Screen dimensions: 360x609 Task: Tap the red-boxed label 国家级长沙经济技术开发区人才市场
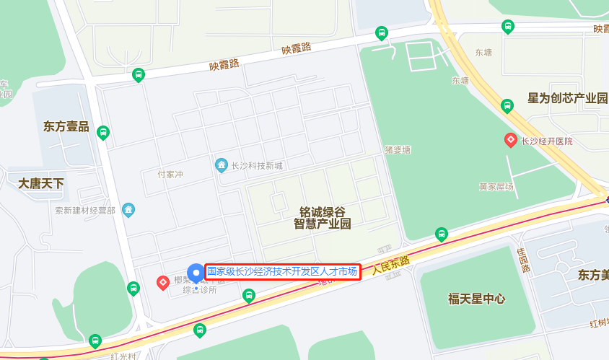click(282, 272)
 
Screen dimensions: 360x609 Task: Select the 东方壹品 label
click(66, 127)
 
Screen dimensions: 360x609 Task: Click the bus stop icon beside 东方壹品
click(103, 133)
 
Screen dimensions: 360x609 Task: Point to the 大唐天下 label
click(41, 183)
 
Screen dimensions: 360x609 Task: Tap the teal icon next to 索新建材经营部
click(128, 210)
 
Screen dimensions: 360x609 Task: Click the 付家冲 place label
click(170, 175)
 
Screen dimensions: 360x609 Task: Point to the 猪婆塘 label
click(397, 150)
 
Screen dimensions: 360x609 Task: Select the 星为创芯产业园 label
click(567, 98)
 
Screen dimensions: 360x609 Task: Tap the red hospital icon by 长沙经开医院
click(510, 141)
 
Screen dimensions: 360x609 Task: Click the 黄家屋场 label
click(496, 187)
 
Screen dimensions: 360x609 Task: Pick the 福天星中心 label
click(476, 299)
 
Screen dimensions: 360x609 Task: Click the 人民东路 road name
click(390, 265)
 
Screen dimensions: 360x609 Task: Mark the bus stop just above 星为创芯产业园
click(507, 106)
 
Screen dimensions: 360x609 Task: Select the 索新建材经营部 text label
click(85, 211)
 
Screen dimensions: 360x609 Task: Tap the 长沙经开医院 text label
click(546, 141)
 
